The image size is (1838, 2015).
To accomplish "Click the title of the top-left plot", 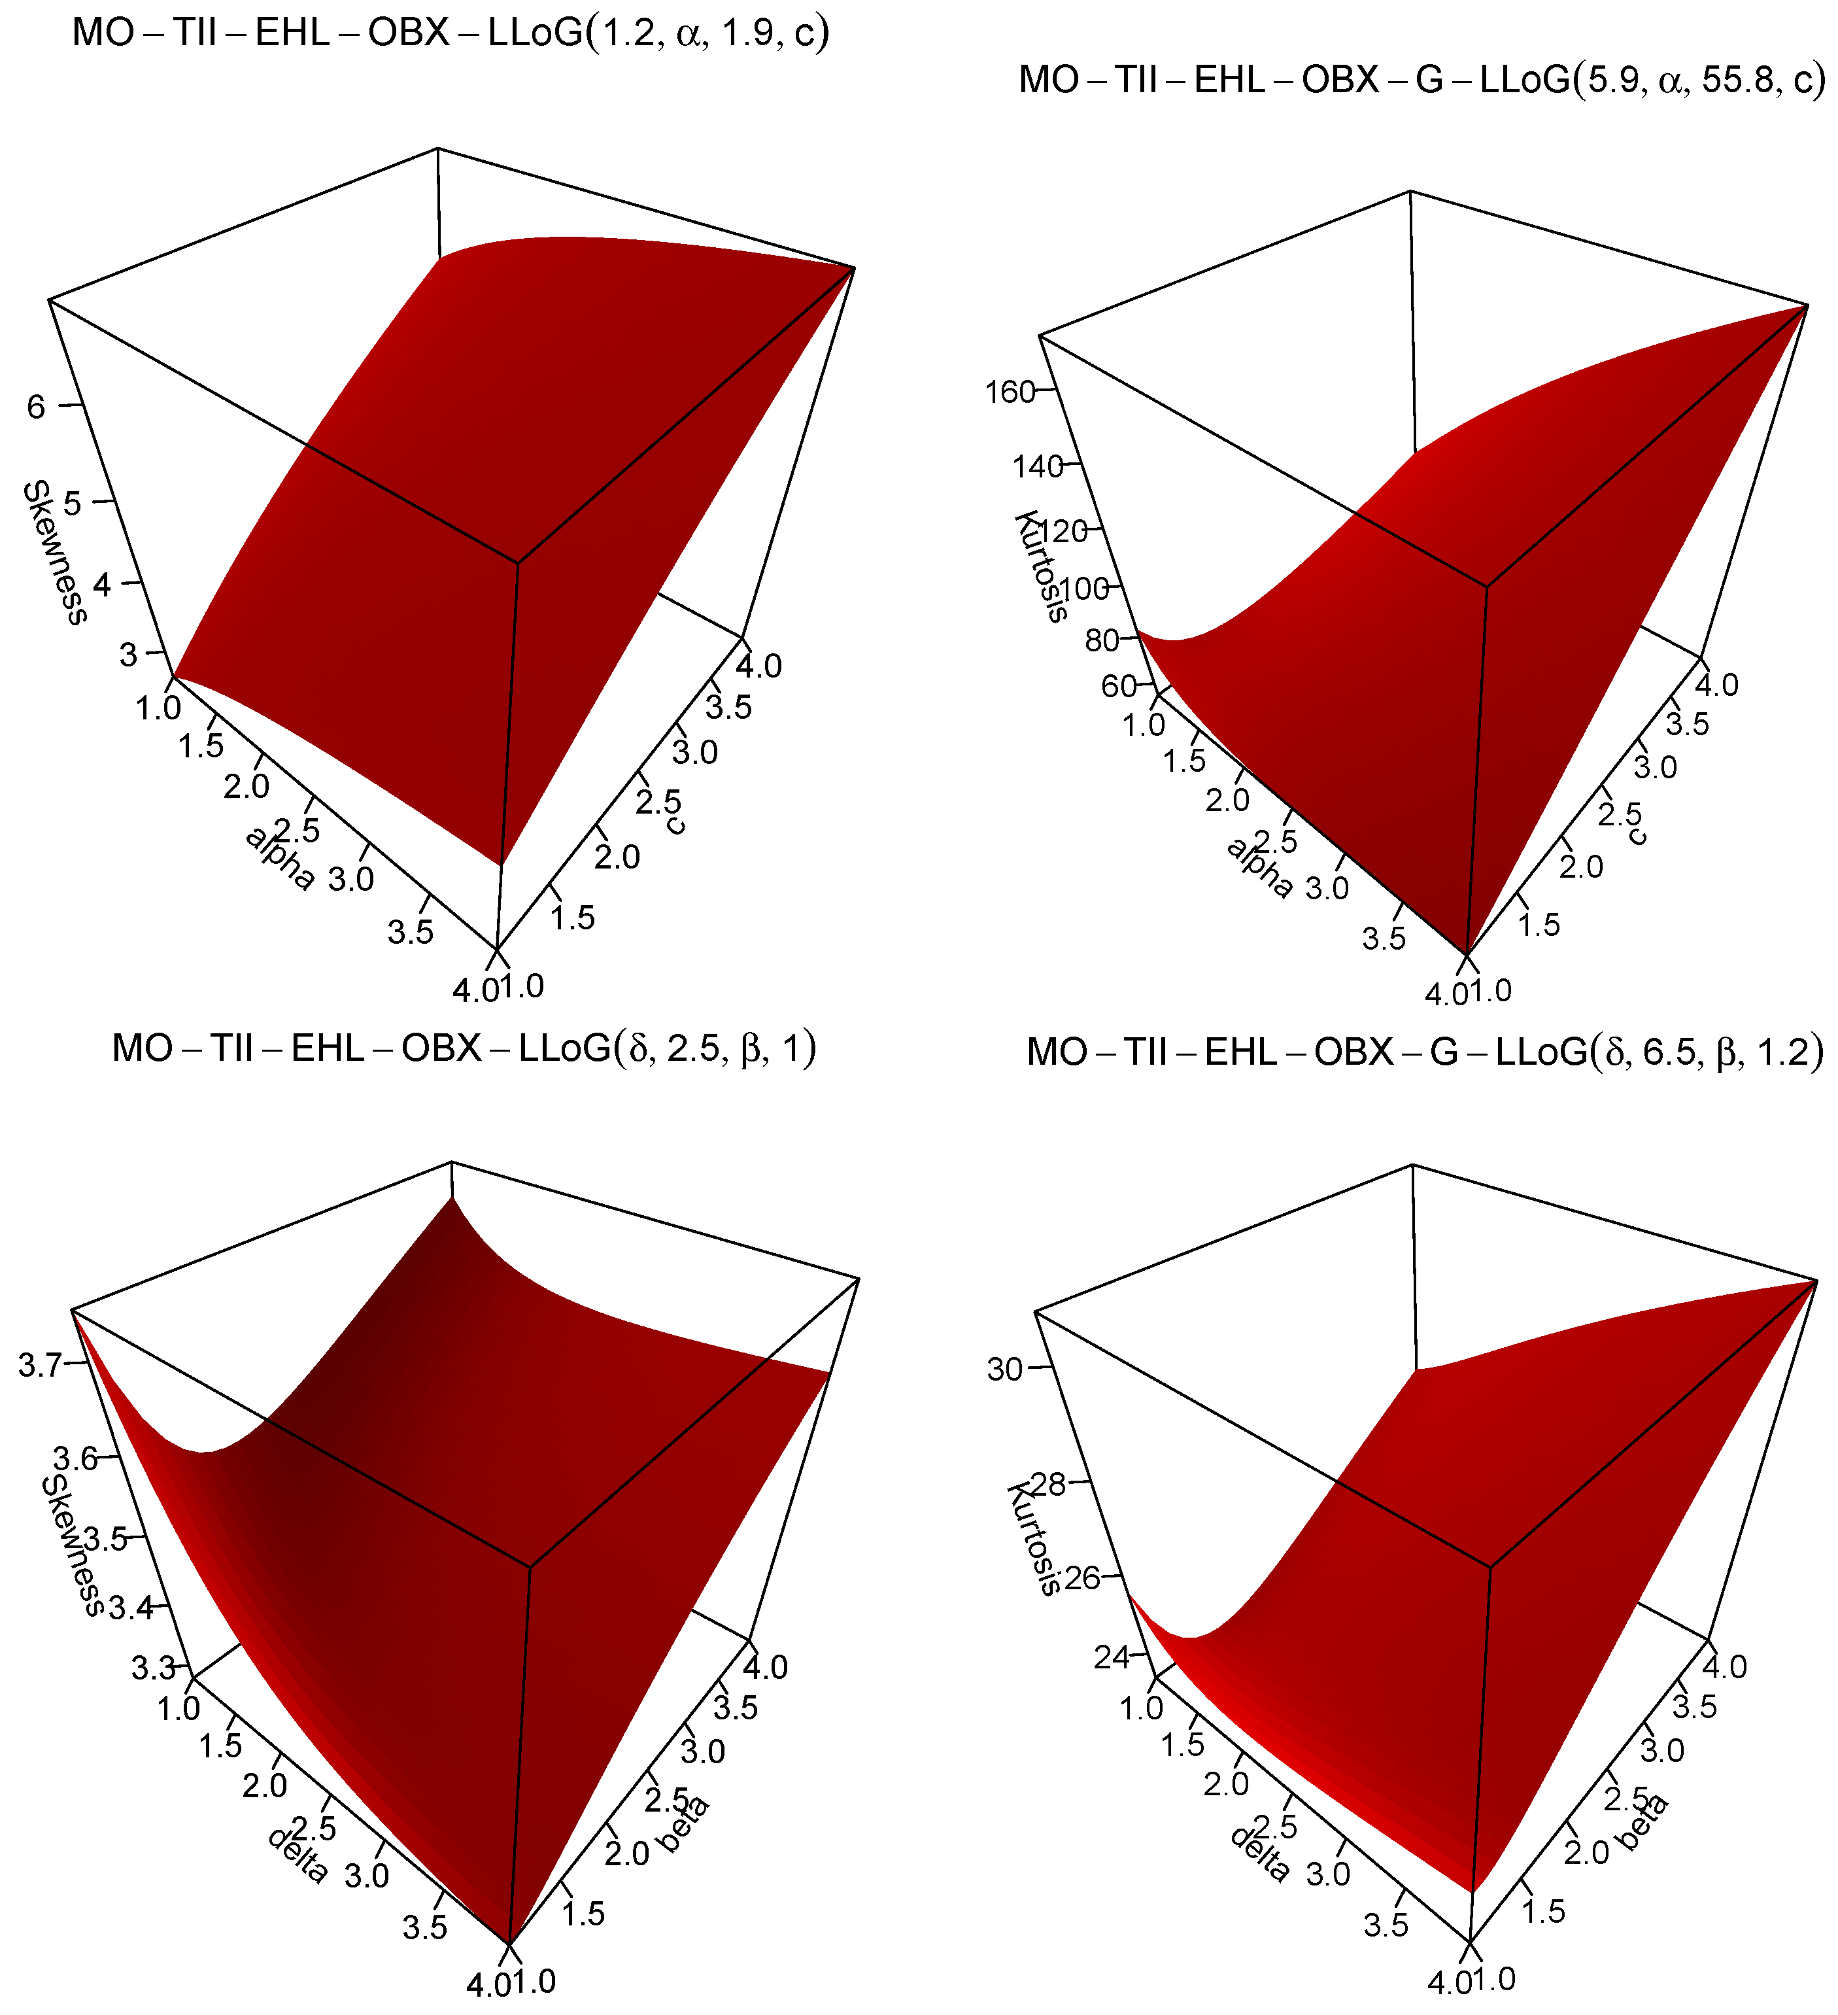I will coord(451,33).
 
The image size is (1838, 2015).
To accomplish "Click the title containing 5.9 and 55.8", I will coord(1421,79).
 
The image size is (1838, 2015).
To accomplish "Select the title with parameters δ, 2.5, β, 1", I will coord(464,1048).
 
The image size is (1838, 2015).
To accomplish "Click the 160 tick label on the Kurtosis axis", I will coord(1010,392).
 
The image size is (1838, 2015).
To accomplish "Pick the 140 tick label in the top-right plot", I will coord(1038,467).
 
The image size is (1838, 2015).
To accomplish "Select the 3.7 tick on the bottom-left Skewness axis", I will coord(40,1366).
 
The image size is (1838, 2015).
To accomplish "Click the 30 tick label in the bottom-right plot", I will coord(1004,1369).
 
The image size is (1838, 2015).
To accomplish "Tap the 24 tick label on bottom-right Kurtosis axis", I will coord(1112,1657).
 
